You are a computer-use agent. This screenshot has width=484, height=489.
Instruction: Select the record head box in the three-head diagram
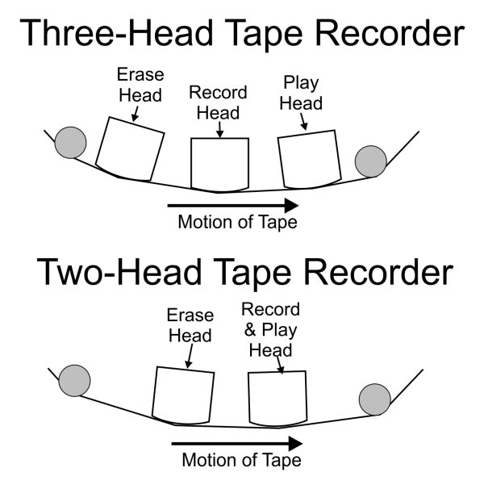[x=219, y=165]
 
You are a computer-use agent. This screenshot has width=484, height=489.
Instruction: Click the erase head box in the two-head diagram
[x=184, y=395]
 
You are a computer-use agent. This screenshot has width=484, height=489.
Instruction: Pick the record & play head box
[x=278, y=397]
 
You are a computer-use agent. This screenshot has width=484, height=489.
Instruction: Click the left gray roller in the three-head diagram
[x=69, y=144]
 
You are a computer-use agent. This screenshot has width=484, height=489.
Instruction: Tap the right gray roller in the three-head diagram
[x=371, y=161]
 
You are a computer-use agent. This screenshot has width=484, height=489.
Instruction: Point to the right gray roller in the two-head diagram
[x=375, y=399]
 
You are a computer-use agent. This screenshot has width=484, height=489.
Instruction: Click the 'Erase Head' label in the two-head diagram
[x=190, y=325]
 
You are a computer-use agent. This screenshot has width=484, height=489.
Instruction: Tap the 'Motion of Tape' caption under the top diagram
[x=237, y=223]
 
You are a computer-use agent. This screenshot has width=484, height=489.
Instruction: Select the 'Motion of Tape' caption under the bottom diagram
[x=241, y=461]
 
